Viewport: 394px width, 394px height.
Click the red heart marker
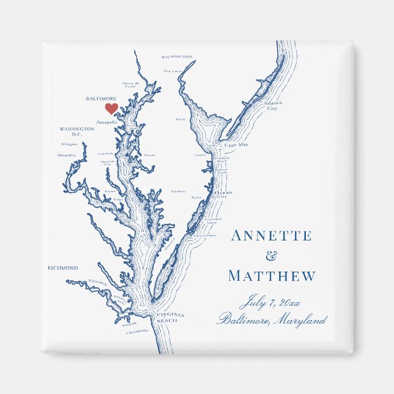tap(111, 109)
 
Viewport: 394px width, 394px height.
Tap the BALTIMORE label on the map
tap(101, 98)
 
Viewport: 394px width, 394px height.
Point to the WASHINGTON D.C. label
tap(76, 132)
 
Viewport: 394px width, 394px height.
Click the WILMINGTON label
tap(177, 56)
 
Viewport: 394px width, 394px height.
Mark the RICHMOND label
tap(63, 268)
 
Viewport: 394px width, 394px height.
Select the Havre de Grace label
tap(130, 84)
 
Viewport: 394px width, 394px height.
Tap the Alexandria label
tap(66, 155)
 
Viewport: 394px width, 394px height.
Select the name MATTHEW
tap(272, 276)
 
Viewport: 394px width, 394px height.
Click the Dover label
tap(180, 119)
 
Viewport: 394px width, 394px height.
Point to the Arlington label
tap(70, 144)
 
